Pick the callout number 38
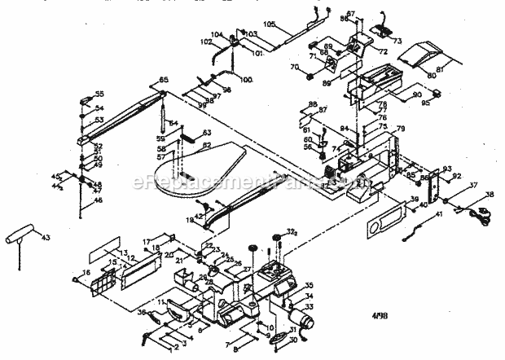pos(489,193)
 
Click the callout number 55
pos(100,94)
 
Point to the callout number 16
pos(86,273)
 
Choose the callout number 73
pos(398,40)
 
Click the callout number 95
pos(424,103)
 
